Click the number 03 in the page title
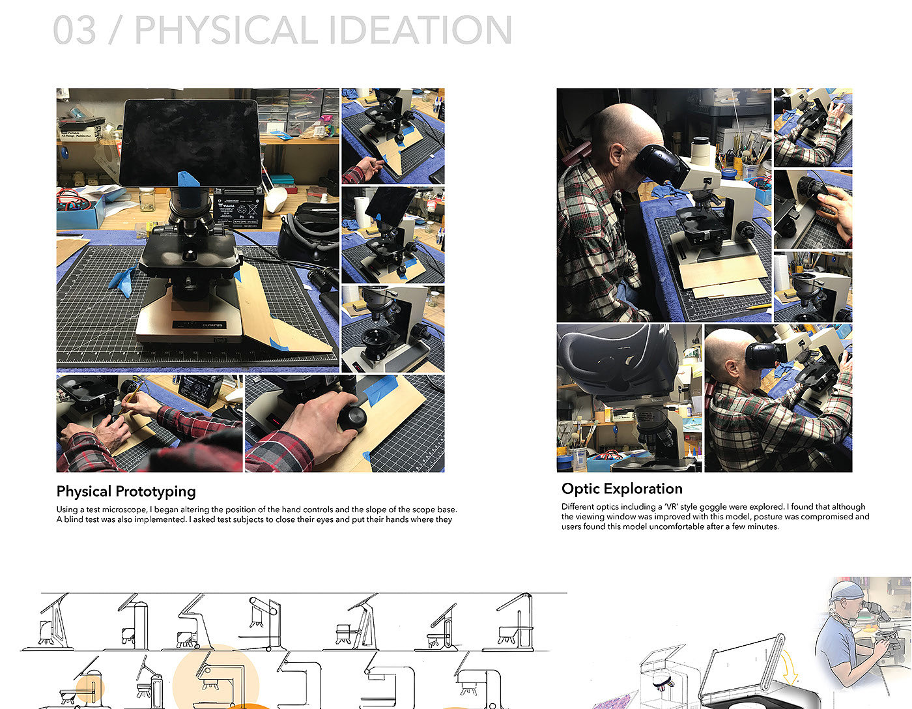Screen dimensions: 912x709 [74, 30]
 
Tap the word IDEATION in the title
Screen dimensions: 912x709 [420, 30]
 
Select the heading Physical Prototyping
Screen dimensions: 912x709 [126, 491]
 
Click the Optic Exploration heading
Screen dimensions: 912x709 [622, 489]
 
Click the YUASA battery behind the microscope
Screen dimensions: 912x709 [238, 208]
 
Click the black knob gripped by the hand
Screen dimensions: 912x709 [352, 418]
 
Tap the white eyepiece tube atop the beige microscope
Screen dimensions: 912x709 [700, 151]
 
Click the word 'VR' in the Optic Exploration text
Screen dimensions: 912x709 [672, 507]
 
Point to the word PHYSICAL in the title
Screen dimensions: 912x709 [226, 30]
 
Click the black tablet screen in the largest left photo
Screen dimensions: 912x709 [190, 143]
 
